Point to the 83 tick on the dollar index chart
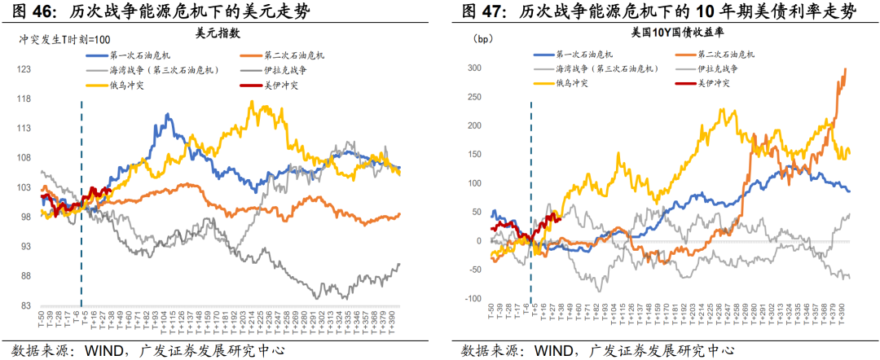(x=26, y=305)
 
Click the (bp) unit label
(x=482, y=38)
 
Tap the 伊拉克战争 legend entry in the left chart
(x=288, y=70)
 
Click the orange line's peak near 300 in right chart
(x=844, y=69)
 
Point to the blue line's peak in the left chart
(x=169, y=115)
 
